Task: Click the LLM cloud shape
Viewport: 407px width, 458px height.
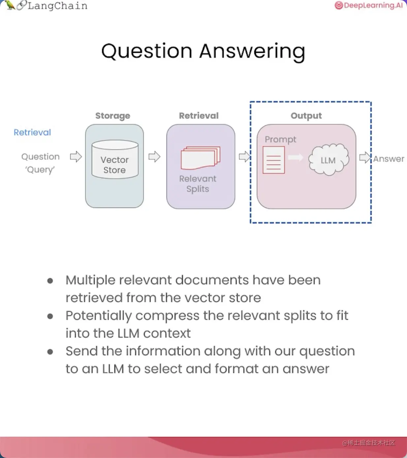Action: click(329, 159)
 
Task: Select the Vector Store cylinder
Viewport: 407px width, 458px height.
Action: click(115, 159)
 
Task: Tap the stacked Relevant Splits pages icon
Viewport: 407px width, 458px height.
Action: click(201, 158)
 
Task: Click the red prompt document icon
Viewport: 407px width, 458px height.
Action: click(274, 160)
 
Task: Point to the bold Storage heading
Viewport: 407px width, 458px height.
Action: click(113, 115)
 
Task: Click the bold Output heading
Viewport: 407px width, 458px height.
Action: click(306, 115)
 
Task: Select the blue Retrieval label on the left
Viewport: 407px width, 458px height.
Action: click(32, 132)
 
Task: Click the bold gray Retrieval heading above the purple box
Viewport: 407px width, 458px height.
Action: click(199, 115)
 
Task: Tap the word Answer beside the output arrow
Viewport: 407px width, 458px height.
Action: click(389, 159)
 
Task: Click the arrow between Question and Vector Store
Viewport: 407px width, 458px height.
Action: click(76, 156)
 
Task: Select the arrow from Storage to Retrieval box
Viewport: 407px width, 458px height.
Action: click(154, 156)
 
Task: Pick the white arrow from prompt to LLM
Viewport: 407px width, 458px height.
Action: click(296, 157)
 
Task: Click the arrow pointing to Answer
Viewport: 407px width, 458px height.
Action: click(365, 157)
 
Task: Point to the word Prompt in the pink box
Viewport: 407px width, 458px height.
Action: click(280, 140)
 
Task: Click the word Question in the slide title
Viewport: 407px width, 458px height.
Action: click(147, 51)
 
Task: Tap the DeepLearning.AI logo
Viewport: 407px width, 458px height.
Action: click(369, 5)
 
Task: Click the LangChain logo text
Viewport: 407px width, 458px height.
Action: click(57, 6)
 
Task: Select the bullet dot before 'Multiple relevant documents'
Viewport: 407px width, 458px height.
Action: click(50, 281)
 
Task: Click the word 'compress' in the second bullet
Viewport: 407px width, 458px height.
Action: click(168, 315)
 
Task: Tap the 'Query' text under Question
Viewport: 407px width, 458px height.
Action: click(40, 170)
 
